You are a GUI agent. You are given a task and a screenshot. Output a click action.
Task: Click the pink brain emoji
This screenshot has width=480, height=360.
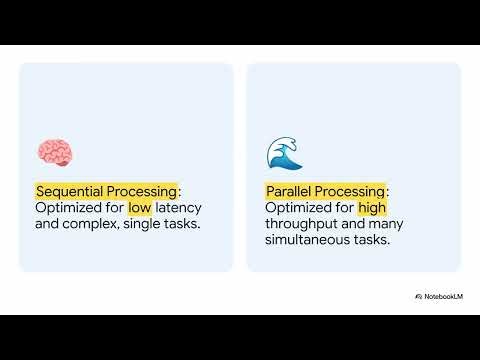(53, 153)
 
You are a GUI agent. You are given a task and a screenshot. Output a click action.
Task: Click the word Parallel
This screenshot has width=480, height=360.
(291, 191)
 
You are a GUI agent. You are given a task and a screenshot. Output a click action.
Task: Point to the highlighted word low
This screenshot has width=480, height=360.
(139, 208)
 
